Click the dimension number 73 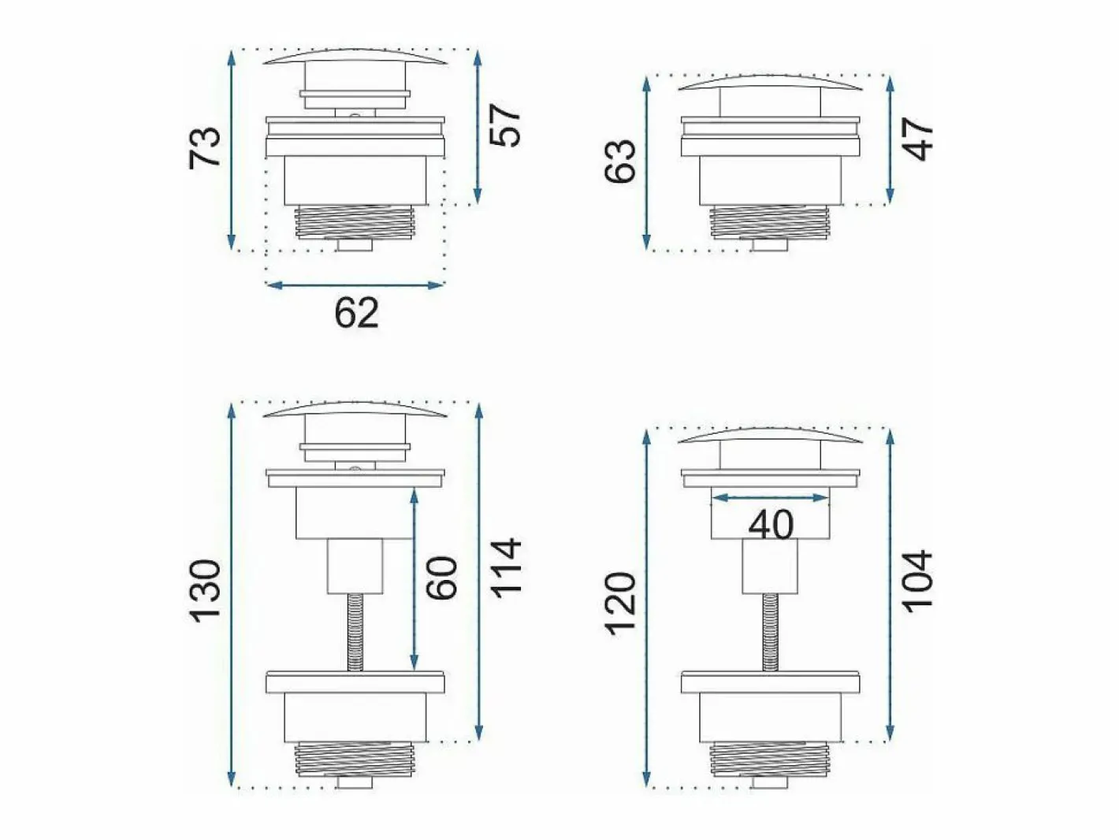[206, 148]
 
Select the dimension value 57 [504, 125]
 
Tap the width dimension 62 [356, 313]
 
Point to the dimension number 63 [620, 161]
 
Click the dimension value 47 [917, 139]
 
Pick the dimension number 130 [206, 591]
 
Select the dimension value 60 [441, 578]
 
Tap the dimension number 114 [505, 567]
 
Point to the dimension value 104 [917, 578]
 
